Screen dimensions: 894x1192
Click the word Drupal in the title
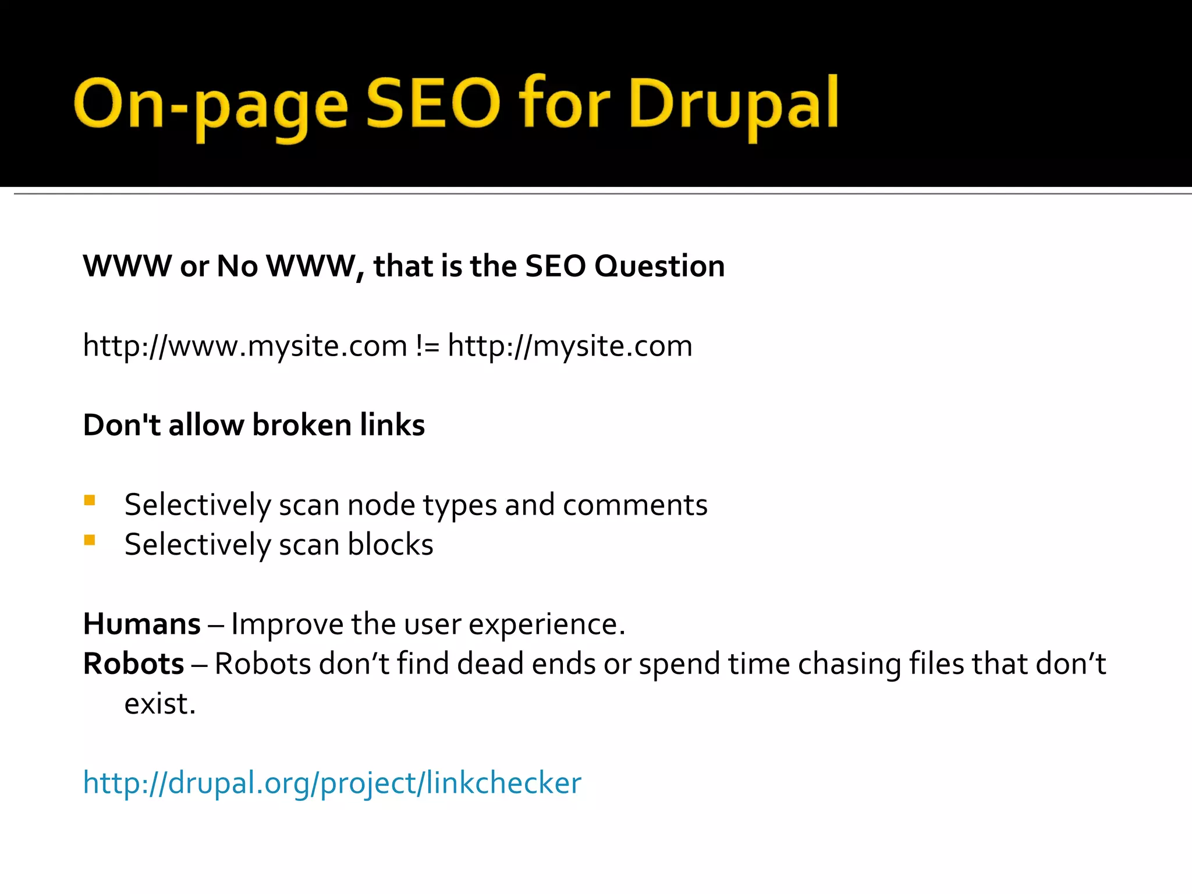coord(733,105)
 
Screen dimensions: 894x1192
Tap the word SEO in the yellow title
coord(433,104)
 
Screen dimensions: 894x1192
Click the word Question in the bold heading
coord(659,267)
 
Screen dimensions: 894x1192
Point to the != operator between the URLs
coord(427,346)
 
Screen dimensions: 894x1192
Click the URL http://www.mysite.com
coord(245,346)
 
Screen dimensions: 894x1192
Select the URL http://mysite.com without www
coord(570,346)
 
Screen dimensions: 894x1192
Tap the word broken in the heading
coord(302,425)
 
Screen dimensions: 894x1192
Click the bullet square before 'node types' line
coord(90,501)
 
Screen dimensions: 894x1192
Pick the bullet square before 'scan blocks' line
coord(90,540)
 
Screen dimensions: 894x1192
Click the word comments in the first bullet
coord(635,505)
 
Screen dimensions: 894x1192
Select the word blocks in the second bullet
coord(391,545)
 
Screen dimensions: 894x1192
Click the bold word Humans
coord(142,625)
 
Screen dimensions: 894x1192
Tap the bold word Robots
coord(134,664)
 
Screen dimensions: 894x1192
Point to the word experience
coord(547,625)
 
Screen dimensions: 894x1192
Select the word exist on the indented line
coord(159,704)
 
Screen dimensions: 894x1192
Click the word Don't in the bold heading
coord(122,425)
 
